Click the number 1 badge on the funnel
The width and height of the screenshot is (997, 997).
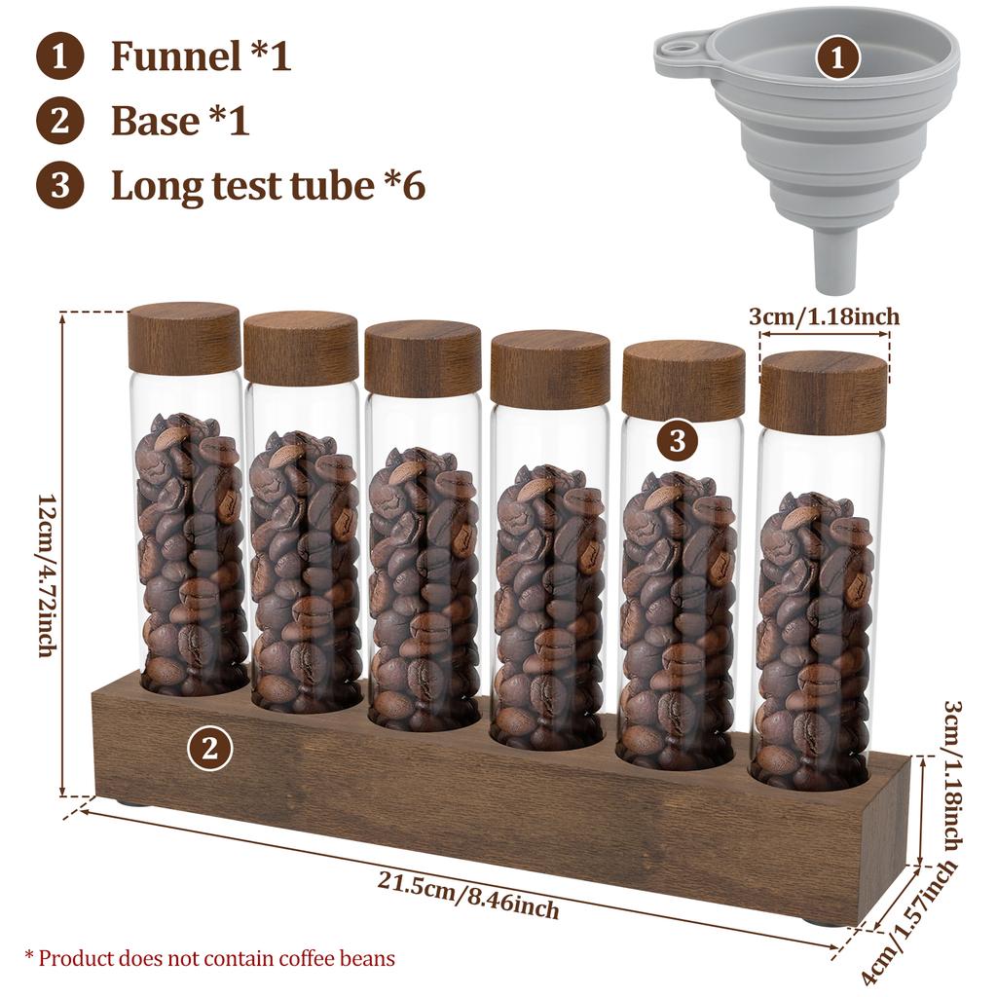[838, 58]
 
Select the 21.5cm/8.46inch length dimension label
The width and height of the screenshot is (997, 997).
[468, 895]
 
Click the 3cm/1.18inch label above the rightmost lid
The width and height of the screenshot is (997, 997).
[824, 316]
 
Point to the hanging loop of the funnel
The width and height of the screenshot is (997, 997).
[674, 46]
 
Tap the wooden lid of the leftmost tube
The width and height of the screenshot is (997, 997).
[184, 337]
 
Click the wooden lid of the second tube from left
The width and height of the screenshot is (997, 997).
[301, 348]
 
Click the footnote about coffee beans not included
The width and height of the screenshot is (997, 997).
[209, 958]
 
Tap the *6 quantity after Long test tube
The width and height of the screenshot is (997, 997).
[400, 185]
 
